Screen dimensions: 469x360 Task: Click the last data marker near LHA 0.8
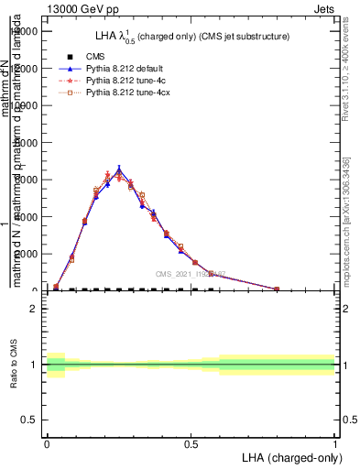pos(277,289)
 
